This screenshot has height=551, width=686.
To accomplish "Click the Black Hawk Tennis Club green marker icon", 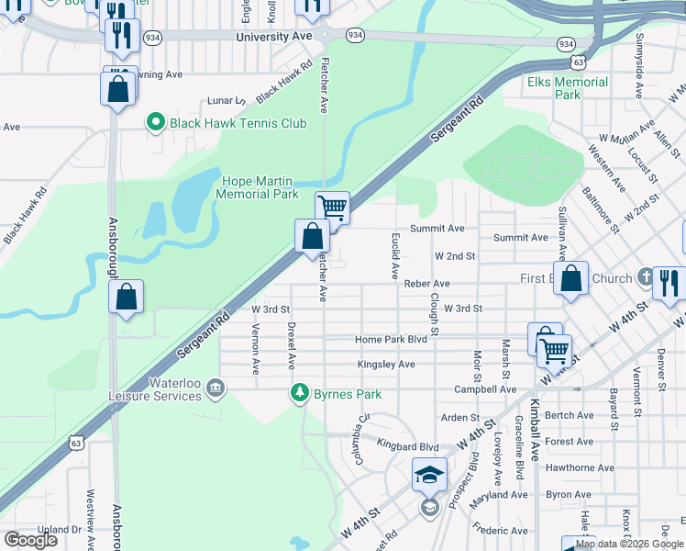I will [x=155, y=122].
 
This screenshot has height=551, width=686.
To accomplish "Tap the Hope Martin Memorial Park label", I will [x=257, y=187].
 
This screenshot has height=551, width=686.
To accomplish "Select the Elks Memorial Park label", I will [x=568, y=88].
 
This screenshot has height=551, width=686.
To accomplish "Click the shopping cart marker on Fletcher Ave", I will [x=332, y=208].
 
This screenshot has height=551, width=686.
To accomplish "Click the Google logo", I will [x=30, y=540].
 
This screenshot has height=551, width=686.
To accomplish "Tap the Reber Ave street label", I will [x=426, y=284].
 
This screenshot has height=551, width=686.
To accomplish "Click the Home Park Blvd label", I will [x=392, y=340].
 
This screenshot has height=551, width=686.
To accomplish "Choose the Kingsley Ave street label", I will [x=386, y=365].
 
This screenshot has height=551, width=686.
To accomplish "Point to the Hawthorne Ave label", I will [x=580, y=467].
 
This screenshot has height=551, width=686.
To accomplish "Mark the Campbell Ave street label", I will [x=485, y=389].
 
